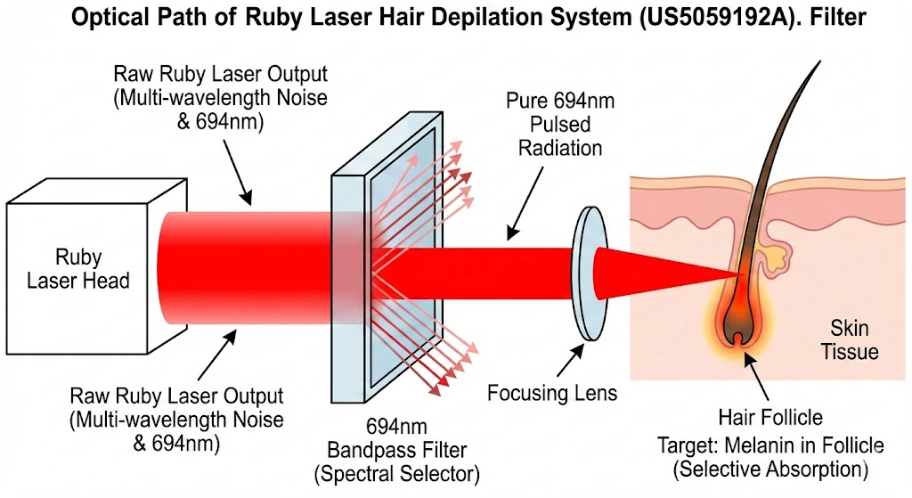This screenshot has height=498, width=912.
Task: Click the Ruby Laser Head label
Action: (78, 269)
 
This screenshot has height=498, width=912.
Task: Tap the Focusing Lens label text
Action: (552, 393)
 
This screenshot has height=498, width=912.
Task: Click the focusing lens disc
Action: (590, 273)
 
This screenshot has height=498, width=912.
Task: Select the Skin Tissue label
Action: (849, 339)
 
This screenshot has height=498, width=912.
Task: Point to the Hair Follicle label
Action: (770, 417)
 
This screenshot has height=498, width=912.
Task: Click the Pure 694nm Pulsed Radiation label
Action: (560, 125)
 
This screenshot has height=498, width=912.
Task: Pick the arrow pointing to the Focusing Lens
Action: (570, 360)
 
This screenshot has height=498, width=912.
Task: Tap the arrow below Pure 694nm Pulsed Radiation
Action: (525, 204)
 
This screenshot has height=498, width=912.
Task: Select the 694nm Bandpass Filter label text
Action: (397, 438)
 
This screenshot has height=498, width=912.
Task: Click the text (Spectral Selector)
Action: (397, 474)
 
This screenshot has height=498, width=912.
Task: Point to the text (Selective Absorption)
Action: (770, 469)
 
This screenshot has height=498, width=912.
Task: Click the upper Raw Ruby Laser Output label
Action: (221, 98)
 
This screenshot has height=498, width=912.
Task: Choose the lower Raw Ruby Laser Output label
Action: (176, 420)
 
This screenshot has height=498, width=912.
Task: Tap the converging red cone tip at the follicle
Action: (745, 273)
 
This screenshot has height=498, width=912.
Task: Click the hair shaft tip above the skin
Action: (820, 61)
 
